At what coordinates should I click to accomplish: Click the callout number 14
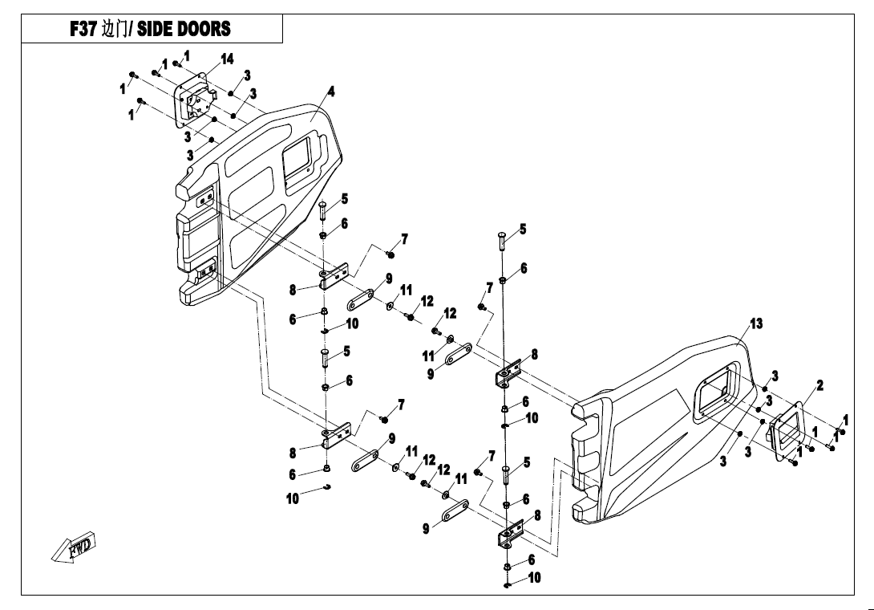(x=227, y=59)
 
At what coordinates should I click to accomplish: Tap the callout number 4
(x=331, y=91)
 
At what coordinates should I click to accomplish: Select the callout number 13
(x=756, y=323)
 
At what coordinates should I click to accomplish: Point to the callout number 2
(x=820, y=385)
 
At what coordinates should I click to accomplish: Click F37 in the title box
(x=83, y=29)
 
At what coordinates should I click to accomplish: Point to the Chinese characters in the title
(x=115, y=29)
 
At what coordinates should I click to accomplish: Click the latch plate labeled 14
(x=195, y=100)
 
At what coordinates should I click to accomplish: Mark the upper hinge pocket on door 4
(x=206, y=197)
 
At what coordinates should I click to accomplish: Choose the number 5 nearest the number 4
(x=345, y=199)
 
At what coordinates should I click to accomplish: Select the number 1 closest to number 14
(x=187, y=56)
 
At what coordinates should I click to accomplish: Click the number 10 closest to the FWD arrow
(x=293, y=498)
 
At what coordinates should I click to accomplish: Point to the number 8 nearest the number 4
(x=293, y=291)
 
